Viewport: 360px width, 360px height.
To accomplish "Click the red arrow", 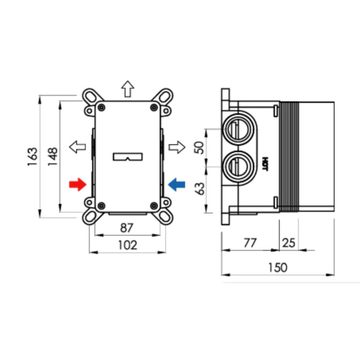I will (x=78, y=184).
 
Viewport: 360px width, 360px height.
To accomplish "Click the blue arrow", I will (x=176, y=184).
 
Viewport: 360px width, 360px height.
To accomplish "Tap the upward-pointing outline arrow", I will (x=127, y=89).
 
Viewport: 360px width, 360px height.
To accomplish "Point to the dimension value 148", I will (x=53, y=157).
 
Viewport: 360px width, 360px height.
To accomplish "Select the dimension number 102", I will (x=127, y=245).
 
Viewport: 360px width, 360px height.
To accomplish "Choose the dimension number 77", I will (x=250, y=242).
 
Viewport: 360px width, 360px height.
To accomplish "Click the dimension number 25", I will (x=289, y=242).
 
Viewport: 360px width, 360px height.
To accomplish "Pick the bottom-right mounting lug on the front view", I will (x=162, y=215).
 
